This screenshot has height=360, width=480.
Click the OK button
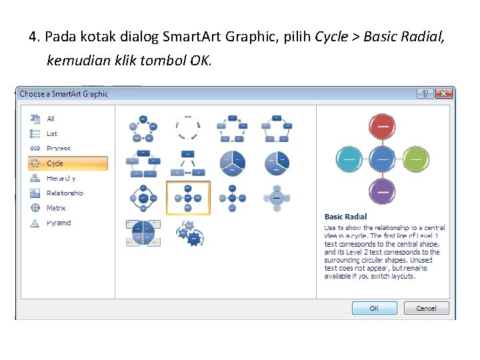(x=374, y=308)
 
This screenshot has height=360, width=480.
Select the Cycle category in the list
(x=67, y=163)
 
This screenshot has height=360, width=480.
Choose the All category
(x=51, y=119)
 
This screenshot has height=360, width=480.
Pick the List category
(x=52, y=133)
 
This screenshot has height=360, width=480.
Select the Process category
(x=58, y=149)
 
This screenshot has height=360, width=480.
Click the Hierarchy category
(x=61, y=178)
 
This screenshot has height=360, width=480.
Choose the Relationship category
(x=65, y=193)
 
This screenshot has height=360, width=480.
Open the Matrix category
(x=56, y=208)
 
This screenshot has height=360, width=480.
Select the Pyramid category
(x=59, y=223)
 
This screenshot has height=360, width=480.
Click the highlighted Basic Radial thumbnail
(x=188, y=197)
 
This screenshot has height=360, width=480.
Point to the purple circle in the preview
(x=382, y=191)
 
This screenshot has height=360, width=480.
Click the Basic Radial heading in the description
(x=345, y=217)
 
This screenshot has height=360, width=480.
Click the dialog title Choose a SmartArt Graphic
(x=63, y=94)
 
